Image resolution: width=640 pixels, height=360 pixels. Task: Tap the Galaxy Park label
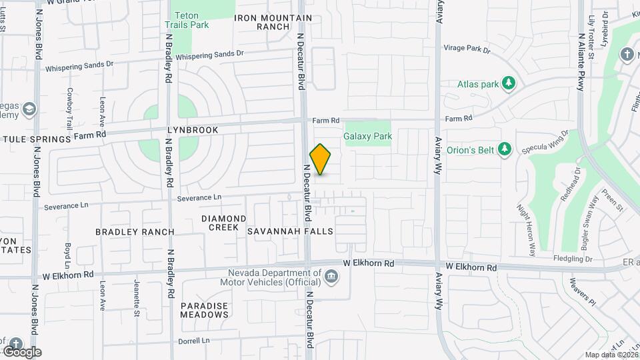pyautogui.click(x=367, y=136)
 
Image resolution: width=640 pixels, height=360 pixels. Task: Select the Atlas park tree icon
pyautogui.click(x=509, y=83)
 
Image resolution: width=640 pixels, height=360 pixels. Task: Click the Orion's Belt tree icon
pyautogui.click(x=505, y=149)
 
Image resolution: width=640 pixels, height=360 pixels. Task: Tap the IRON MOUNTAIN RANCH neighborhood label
pyautogui.click(x=263, y=22)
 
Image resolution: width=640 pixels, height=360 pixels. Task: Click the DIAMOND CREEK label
pyautogui.click(x=224, y=223)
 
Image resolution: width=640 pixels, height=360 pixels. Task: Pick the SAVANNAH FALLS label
pyautogui.click(x=290, y=231)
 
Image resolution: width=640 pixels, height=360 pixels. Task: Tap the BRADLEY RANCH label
pyautogui.click(x=135, y=232)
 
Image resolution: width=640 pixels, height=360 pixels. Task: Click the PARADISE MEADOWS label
pyautogui.click(x=205, y=310)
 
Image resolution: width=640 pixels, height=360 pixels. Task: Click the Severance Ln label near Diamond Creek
pyautogui.click(x=199, y=198)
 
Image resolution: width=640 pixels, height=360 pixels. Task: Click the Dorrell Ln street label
pyautogui.click(x=193, y=341)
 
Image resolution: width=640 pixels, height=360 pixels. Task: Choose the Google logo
pyautogui.click(x=21, y=351)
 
